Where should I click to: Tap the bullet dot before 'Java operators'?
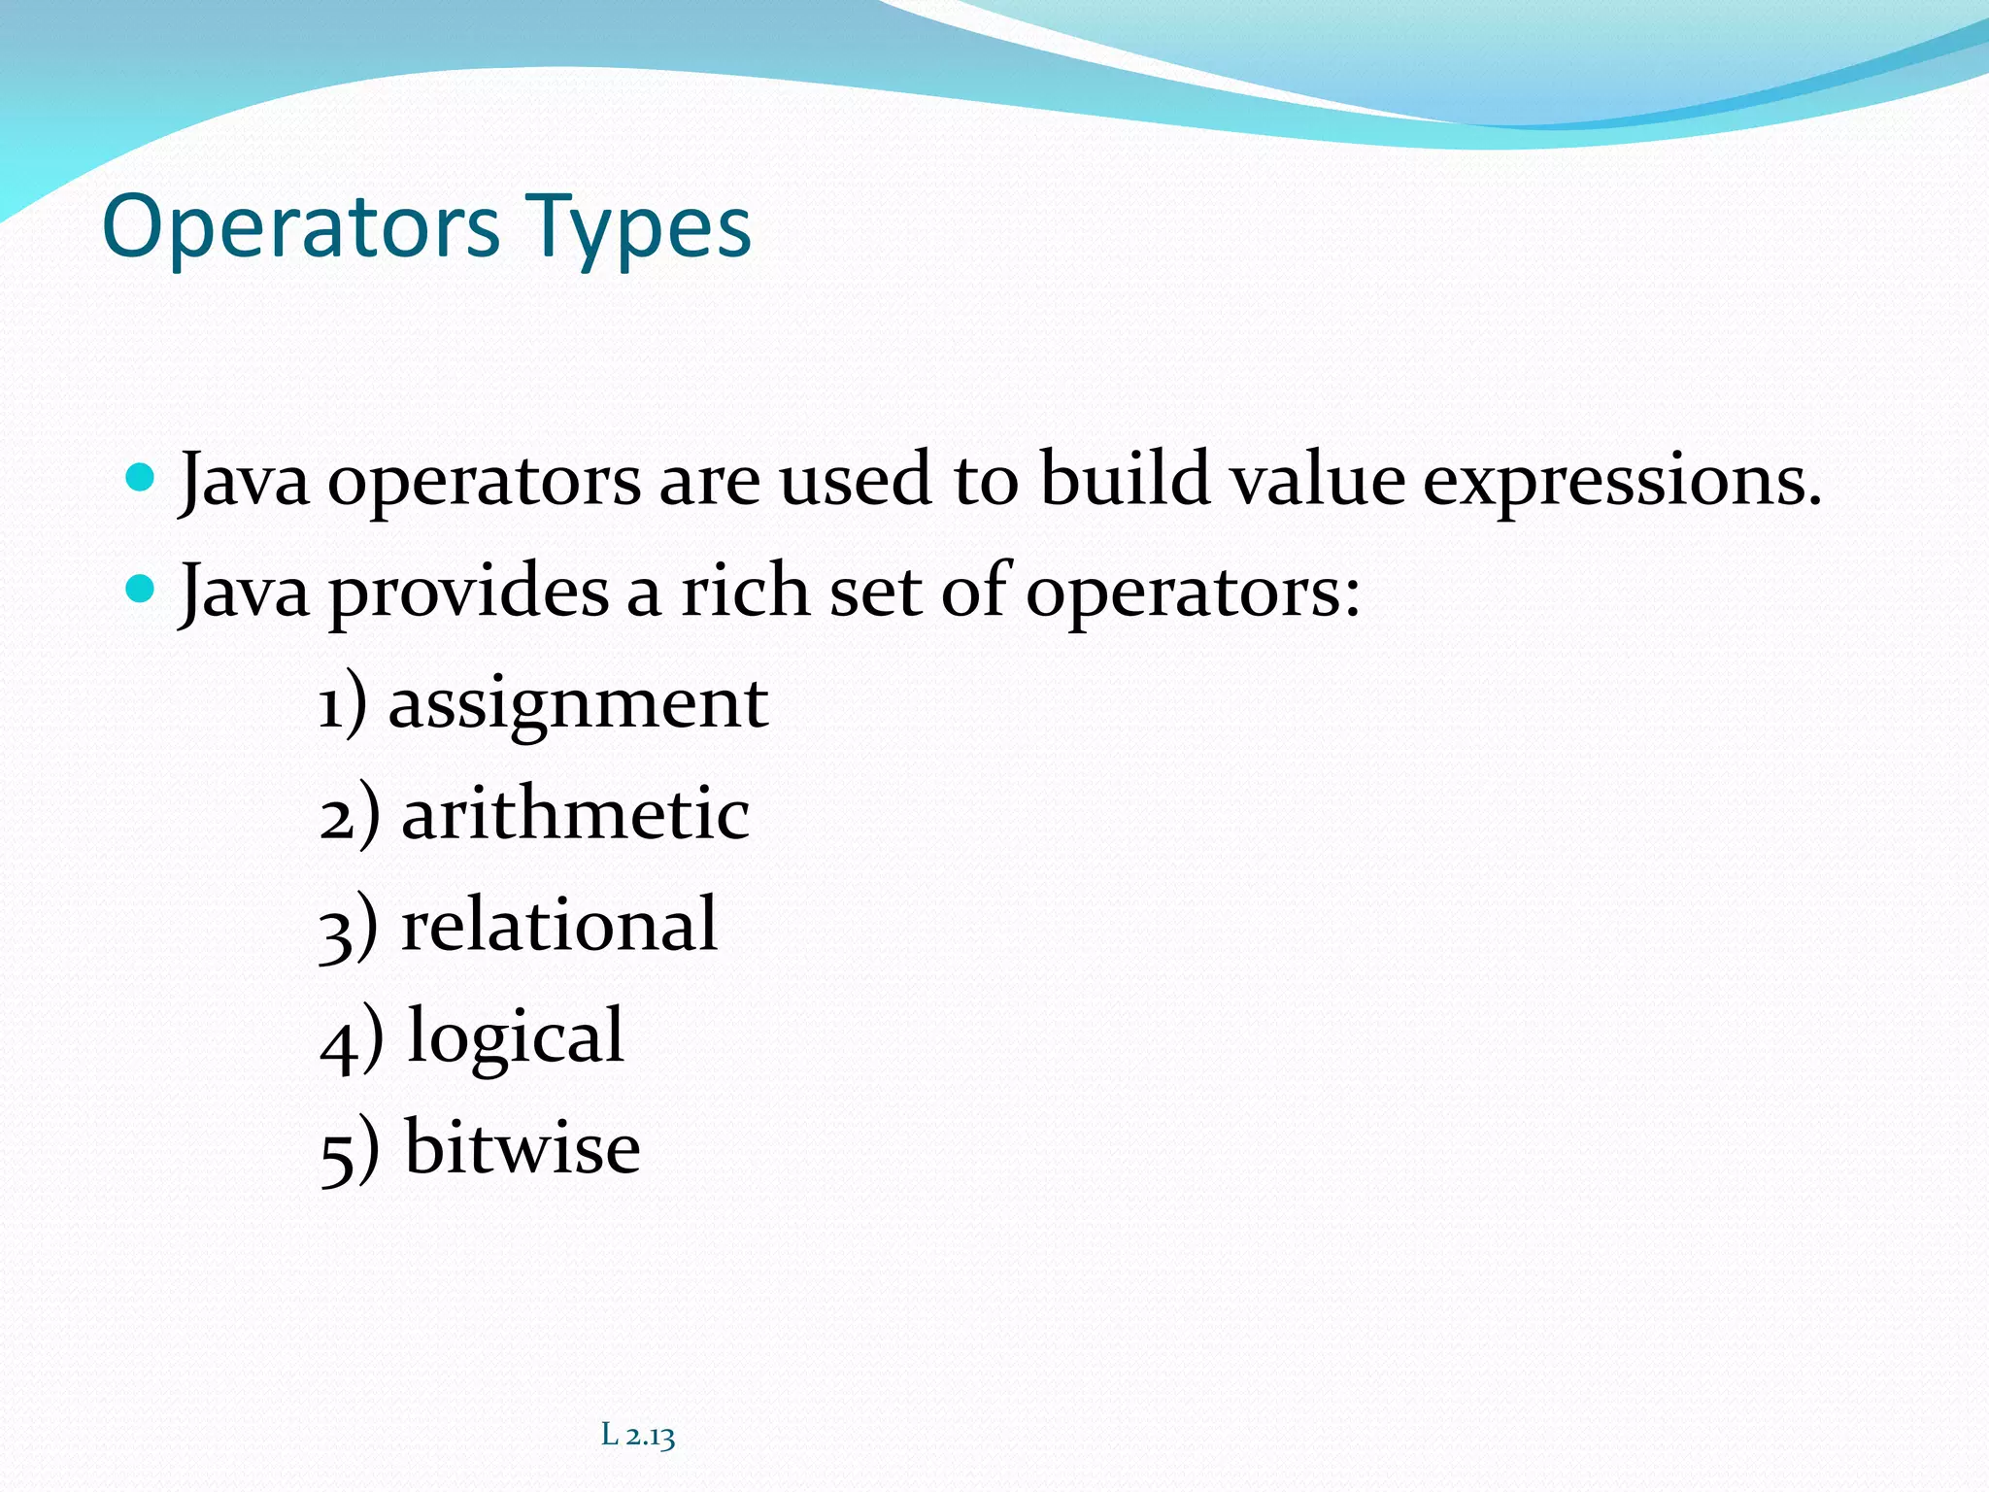(x=141, y=477)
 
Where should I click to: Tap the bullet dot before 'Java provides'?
(x=141, y=589)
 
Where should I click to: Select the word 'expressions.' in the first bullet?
(x=1622, y=482)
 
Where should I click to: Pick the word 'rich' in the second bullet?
(x=745, y=591)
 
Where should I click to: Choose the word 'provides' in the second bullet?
(x=469, y=593)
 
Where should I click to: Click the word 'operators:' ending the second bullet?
(x=1193, y=593)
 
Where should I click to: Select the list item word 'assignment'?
(x=578, y=704)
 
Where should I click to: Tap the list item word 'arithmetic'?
(x=575, y=814)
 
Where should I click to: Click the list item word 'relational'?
(x=559, y=925)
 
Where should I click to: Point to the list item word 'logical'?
(x=516, y=1037)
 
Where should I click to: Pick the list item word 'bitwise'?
(x=523, y=1148)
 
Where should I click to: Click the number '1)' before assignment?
(x=343, y=704)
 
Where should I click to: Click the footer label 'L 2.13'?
(x=638, y=1435)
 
